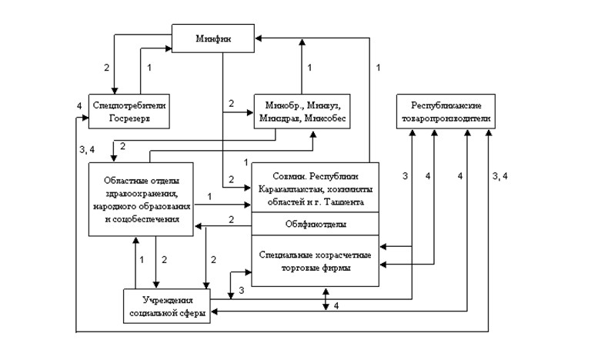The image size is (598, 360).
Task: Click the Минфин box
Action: click(x=212, y=38)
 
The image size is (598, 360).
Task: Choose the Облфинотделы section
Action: click(x=316, y=225)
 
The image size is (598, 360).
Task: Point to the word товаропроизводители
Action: click(x=446, y=119)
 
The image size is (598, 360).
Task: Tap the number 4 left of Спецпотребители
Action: click(x=79, y=105)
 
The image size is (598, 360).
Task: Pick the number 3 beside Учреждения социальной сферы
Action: click(x=241, y=291)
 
